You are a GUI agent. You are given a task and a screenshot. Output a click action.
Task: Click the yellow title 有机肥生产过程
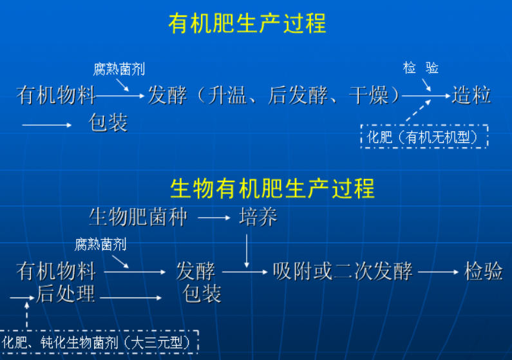click(x=247, y=24)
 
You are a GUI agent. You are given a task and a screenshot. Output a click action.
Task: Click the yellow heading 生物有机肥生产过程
click(x=272, y=189)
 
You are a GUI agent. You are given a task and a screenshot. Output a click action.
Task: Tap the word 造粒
click(x=471, y=95)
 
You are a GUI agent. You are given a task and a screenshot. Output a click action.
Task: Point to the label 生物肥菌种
click(x=138, y=217)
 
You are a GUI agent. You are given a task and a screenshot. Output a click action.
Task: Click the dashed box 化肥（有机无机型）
click(x=423, y=137)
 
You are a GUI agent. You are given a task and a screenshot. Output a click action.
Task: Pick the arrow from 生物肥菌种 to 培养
click(x=214, y=218)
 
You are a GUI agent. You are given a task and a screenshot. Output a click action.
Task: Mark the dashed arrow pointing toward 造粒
click(x=417, y=111)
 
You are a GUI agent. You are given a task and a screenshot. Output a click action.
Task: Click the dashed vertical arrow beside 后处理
click(x=27, y=313)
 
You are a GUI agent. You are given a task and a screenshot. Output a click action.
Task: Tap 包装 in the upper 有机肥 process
click(x=108, y=122)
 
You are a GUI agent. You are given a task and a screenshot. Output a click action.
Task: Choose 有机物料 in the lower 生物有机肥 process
click(x=56, y=271)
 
